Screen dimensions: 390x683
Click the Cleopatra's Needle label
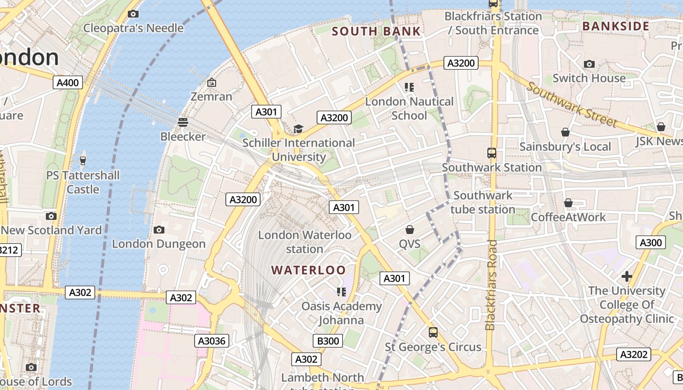pyautogui.click(x=133, y=28)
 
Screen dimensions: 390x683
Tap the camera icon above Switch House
pyautogui.click(x=589, y=64)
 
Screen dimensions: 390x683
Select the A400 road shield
pyautogui.click(x=68, y=82)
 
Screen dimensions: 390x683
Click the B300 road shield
pyautogui.click(x=328, y=341)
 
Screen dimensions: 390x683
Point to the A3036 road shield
pyautogui.click(x=212, y=341)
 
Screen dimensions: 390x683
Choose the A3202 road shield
pyautogui.click(x=633, y=354)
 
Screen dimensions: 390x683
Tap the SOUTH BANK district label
pyautogui.click(x=376, y=32)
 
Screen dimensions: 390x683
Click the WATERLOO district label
pyautogui.click(x=308, y=270)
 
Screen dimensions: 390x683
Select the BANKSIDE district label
pyautogui.click(x=616, y=26)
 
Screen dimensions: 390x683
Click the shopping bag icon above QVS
pyautogui.click(x=410, y=230)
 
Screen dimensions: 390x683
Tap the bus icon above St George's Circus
pyautogui.click(x=433, y=332)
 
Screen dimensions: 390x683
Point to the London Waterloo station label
pyautogui.click(x=304, y=242)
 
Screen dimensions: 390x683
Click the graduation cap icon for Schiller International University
pyautogui.click(x=298, y=129)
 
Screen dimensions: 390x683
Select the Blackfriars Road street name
pyautogui.click(x=491, y=284)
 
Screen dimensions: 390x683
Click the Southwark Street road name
pyautogui.click(x=572, y=105)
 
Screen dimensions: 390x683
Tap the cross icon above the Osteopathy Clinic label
pyautogui.click(x=627, y=277)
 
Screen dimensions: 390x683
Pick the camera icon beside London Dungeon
pyautogui.click(x=159, y=230)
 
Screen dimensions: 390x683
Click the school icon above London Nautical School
pyautogui.click(x=409, y=87)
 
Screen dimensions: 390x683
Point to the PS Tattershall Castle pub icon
pyautogui.click(x=83, y=160)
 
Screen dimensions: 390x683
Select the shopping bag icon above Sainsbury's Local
pyautogui.click(x=565, y=133)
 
